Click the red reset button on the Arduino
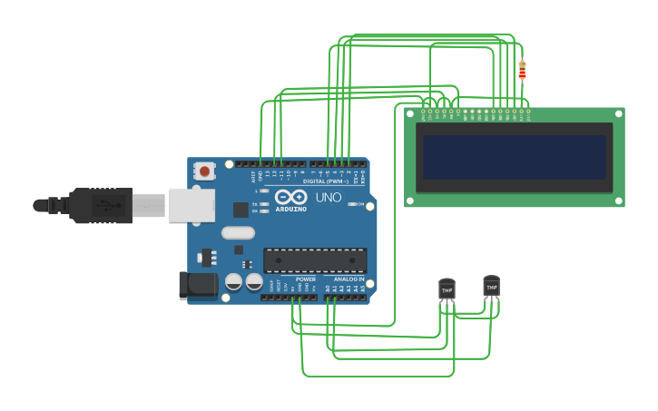(205, 171)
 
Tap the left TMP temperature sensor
(447, 289)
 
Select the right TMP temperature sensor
(491, 286)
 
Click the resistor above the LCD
(522, 70)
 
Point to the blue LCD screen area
(514, 157)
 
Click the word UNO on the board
(328, 197)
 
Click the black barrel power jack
(198, 286)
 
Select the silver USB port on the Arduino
(191, 205)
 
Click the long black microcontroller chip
(315, 260)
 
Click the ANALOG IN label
(349, 279)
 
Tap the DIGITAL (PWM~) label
(325, 181)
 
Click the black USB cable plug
(100, 205)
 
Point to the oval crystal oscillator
(238, 232)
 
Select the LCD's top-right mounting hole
(618, 114)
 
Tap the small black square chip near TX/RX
(240, 210)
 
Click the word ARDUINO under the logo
(290, 209)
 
